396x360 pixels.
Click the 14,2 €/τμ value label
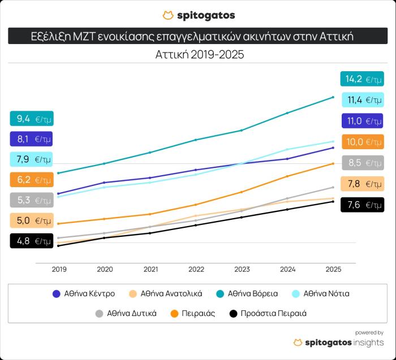[x=361, y=79]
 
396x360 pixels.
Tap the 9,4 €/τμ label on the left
[x=31, y=119]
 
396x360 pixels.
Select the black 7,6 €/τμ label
[x=361, y=205]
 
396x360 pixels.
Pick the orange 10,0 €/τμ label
[x=361, y=142]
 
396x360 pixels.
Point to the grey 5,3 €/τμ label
[x=31, y=200]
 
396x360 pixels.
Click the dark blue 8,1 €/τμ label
[x=31, y=138]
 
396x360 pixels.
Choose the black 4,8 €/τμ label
[x=31, y=241]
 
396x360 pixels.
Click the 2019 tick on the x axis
[x=59, y=270]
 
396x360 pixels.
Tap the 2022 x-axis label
[x=196, y=270]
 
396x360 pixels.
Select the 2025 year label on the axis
[x=333, y=270]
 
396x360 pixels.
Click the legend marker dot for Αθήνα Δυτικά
[x=100, y=313]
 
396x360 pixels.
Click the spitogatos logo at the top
[x=198, y=15]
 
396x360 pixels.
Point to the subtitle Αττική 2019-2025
[x=198, y=55]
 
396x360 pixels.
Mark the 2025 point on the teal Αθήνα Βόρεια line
[x=333, y=97]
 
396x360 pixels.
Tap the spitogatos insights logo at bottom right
[x=338, y=342]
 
